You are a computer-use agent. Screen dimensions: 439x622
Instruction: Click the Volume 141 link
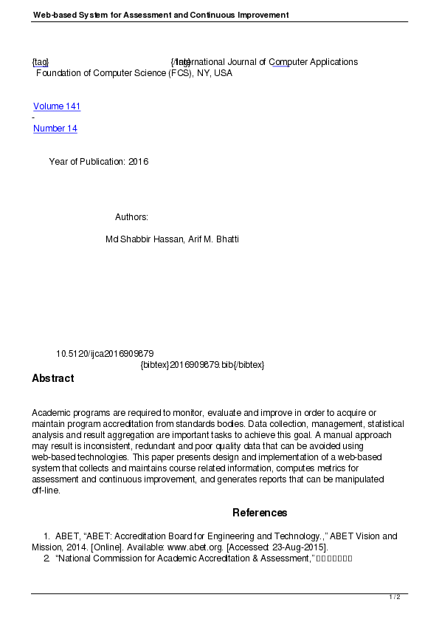pyautogui.click(x=57, y=106)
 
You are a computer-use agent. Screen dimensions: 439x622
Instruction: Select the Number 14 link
pyautogui.click(x=55, y=129)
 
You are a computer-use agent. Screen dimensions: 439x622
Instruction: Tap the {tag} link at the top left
pyautogui.click(x=41, y=62)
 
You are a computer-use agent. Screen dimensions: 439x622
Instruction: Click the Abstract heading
pyautogui.click(x=53, y=378)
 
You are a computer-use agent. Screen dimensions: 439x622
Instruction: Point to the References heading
pyautogui.click(x=260, y=513)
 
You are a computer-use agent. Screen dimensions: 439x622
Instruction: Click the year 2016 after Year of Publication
pyautogui.click(x=138, y=162)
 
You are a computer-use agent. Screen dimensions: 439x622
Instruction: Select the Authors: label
pyautogui.click(x=132, y=217)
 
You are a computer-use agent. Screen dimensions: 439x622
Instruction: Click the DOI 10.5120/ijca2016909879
pyautogui.click(x=105, y=354)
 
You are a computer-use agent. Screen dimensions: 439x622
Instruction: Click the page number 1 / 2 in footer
pyautogui.click(x=395, y=597)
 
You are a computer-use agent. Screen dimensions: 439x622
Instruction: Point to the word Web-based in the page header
pyautogui.click(x=52, y=15)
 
